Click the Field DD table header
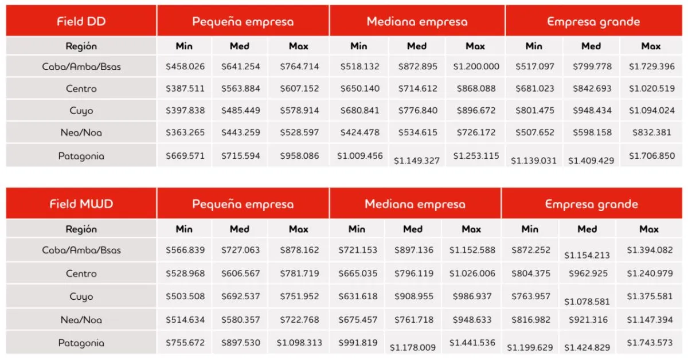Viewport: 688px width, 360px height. coord(81,22)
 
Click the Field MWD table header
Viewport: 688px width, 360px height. coord(81,204)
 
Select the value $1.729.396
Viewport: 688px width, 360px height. coord(651,66)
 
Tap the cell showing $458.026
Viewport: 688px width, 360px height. coord(185,66)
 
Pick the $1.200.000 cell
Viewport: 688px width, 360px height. coord(476,66)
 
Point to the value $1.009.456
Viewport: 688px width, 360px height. coord(360,155)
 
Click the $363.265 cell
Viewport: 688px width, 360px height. coord(185,132)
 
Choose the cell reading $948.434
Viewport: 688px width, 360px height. coord(592,111)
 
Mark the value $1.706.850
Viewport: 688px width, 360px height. coord(651,155)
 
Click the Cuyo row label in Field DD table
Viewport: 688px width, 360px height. coord(81,111)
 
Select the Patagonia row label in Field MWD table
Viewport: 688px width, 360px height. coord(81,343)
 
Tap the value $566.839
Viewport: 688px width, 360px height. coord(185,250)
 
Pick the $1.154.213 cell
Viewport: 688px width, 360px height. coord(587,255)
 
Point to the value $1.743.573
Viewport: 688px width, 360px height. coord(650,343)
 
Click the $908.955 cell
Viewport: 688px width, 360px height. coord(414,296)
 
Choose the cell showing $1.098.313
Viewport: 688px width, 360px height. coord(299,343)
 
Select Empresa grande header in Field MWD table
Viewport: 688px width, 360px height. coord(591,204)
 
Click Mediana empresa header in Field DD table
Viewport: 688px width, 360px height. coord(417,22)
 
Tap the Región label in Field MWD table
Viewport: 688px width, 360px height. coord(81,229)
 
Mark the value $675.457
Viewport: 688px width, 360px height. coord(358,320)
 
